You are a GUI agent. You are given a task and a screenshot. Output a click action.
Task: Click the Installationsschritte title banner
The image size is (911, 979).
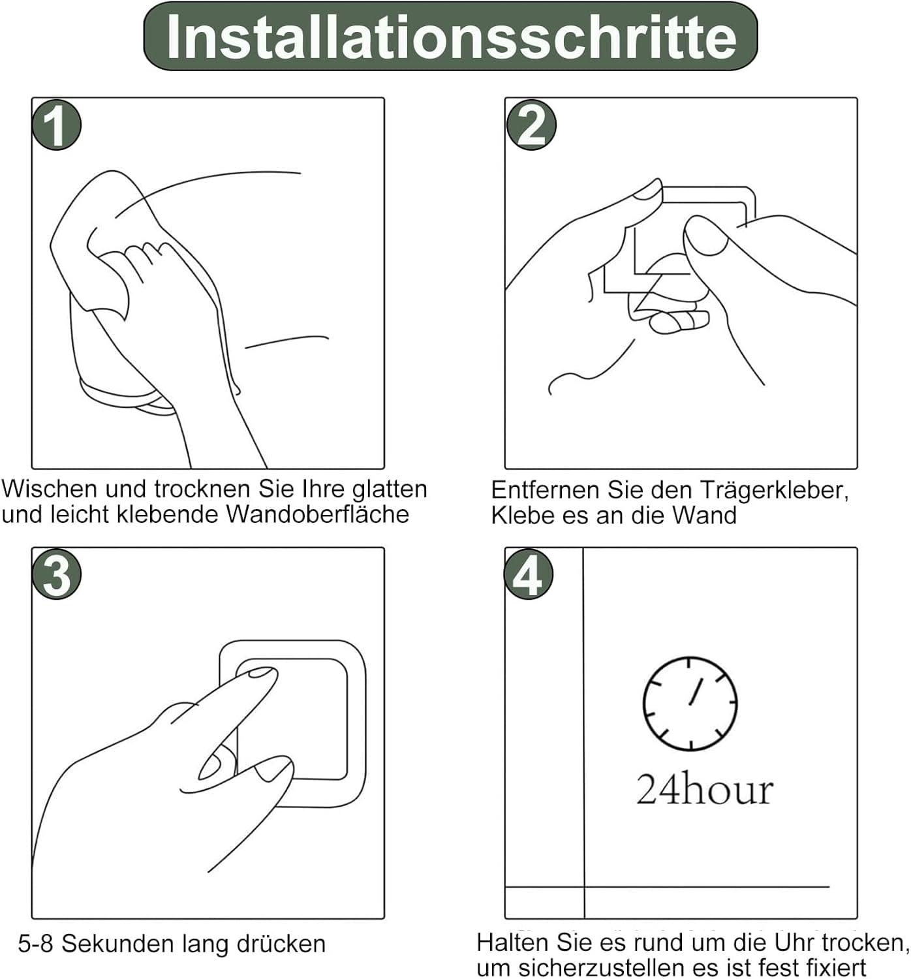click(x=450, y=37)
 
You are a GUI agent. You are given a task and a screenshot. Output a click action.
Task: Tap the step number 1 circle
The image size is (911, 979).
click(x=56, y=125)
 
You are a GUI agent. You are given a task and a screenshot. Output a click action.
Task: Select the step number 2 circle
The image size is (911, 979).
click(x=531, y=125)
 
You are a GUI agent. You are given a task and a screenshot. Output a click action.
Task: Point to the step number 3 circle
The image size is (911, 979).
click(x=56, y=574)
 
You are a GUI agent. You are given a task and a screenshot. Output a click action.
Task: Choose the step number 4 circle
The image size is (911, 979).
click(x=528, y=574)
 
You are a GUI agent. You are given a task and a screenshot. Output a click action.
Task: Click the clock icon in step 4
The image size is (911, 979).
click(x=690, y=704)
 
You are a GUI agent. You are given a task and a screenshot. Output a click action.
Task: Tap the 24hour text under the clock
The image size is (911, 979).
click(x=705, y=790)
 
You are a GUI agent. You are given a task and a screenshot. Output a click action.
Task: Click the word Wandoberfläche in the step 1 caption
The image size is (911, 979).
click(x=318, y=515)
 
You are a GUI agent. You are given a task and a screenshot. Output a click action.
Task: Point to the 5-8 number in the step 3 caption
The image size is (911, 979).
click(x=35, y=944)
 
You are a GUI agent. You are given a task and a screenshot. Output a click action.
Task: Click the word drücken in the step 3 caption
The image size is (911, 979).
click(x=281, y=944)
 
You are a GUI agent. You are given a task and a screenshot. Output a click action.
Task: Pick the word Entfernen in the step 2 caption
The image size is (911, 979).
click(x=547, y=491)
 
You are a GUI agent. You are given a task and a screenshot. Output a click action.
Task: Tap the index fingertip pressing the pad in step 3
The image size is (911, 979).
click(x=262, y=674)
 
